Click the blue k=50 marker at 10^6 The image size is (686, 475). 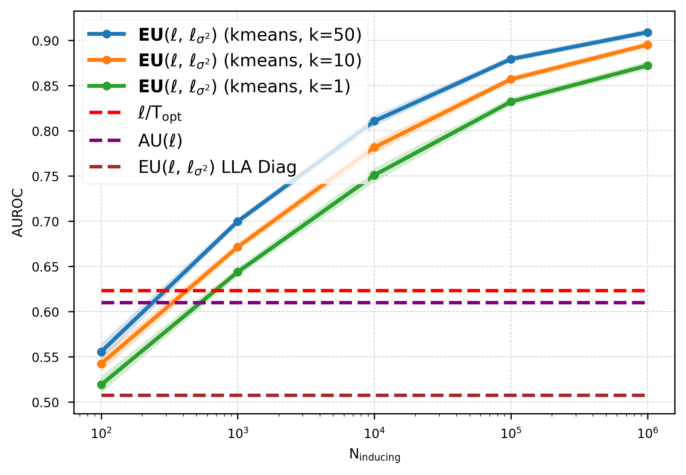click(647, 32)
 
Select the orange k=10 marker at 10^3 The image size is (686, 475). click(238, 247)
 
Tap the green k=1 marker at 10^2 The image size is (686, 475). click(101, 385)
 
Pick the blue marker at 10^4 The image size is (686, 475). click(374, 121)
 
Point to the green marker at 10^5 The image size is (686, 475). click(511, 102)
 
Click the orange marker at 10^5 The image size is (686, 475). click(511, 79)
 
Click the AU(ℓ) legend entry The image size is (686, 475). click(160, 141)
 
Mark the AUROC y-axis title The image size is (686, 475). click(18, 212)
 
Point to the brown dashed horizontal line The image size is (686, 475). click(414, 395)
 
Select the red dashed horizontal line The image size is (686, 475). click(414, 291)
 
